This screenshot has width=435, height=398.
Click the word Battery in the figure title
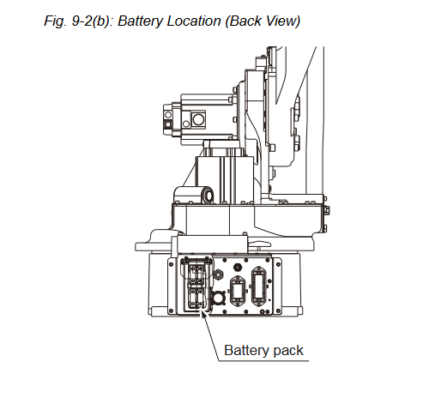click(140, 21)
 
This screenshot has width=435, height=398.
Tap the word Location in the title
click(194, 21)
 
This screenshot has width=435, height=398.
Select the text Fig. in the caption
click(55, 21)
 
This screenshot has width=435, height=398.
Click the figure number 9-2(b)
click(92, 21)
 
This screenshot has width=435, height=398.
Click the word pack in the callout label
click(288, 351)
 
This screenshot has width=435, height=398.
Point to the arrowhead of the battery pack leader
click(203, 313)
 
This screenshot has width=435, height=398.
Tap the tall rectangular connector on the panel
click(259, 286)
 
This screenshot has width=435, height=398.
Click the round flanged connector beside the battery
click(217, 298)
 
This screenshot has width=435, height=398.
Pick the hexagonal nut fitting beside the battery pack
click(219, 274)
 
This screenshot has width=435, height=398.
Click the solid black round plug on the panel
click(238, 268)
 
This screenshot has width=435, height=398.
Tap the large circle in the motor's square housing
click(198, 119)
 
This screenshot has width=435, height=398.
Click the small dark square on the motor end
click(167, 124)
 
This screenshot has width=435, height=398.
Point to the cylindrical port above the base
click(208, 196)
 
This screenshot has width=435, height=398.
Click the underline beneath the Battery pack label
click(263, 361)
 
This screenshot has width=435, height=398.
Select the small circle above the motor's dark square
click(168, 115)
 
